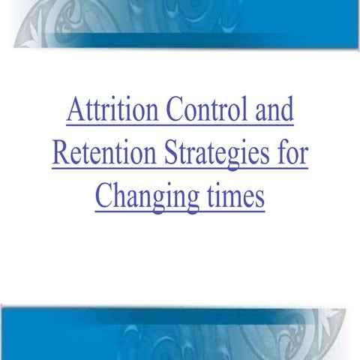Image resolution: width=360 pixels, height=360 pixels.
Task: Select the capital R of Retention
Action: click(61, 155)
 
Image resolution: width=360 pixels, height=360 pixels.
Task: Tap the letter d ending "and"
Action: click(287, 112)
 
